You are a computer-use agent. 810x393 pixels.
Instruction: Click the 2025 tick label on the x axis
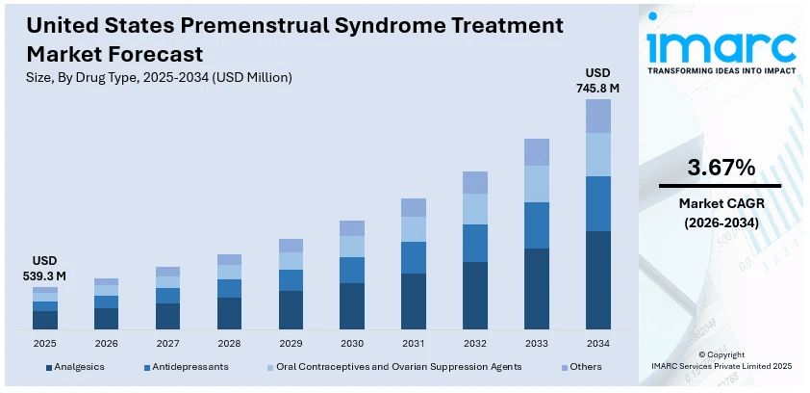pos(45,344)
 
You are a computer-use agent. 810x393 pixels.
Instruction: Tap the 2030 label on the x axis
pos(352,344)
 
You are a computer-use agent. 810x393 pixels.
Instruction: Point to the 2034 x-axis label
pos(597,344)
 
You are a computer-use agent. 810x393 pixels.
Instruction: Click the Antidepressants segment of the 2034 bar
pos(597,203)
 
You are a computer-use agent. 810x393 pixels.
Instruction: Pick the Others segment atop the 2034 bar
pos(597,116)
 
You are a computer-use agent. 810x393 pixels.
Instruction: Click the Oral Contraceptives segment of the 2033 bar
pos(537,183)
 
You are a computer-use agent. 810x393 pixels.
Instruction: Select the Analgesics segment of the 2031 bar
pos(414,301)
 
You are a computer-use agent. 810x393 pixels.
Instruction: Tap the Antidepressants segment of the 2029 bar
pos(291,279)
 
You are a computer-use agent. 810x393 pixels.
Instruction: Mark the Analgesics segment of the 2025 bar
pos(45,320)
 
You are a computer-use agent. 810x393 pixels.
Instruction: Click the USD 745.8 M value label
pos(597,81)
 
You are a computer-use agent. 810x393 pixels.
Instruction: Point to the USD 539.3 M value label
pos(45,269)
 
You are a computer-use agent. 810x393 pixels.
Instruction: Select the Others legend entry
pos(585,367)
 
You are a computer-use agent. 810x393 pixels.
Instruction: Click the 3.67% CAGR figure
pos(720,167)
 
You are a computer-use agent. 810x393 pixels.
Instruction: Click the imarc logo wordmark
pos(721,45)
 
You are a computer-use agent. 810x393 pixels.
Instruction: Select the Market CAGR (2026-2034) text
pos(720,213)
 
